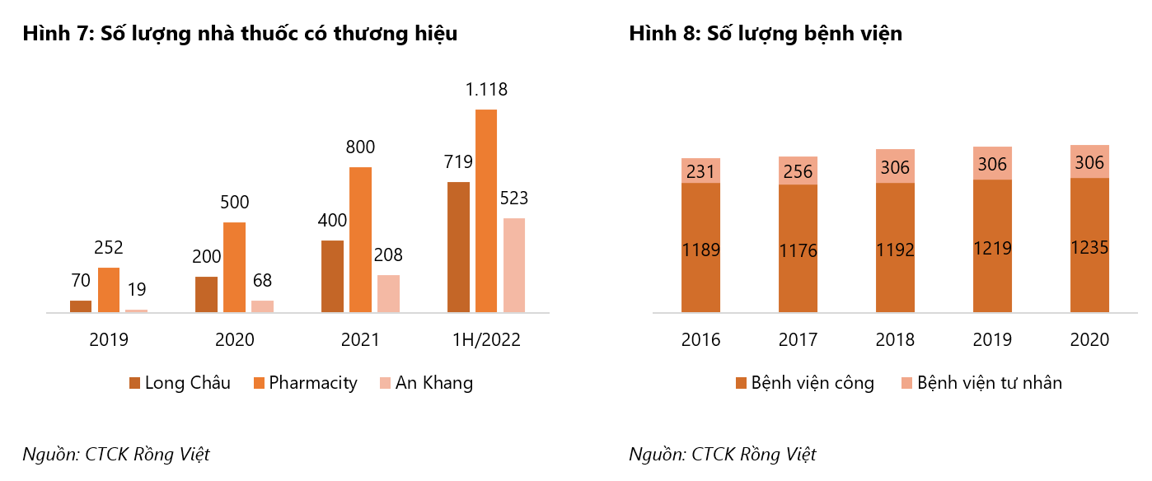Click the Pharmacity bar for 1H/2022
click(x=486, y=211)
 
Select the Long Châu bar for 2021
click(x=332, y=277)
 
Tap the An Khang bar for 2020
click(x=262, y=306)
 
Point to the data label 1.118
click(x=486, y=90)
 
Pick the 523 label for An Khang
click(x=513, y=198)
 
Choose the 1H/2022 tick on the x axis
click(x=486, y=339)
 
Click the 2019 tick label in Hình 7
click(x=109, y=339)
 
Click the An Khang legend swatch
click(x=385, y=383)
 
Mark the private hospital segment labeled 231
click(x=700, y=170)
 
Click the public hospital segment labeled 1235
click(x=1089, y=245)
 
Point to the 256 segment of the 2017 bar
click(x=798, y=170)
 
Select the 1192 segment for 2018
click(x=895, y=248)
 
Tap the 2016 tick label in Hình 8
click(x=700, y=339)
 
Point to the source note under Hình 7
click(x=116, y=454)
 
